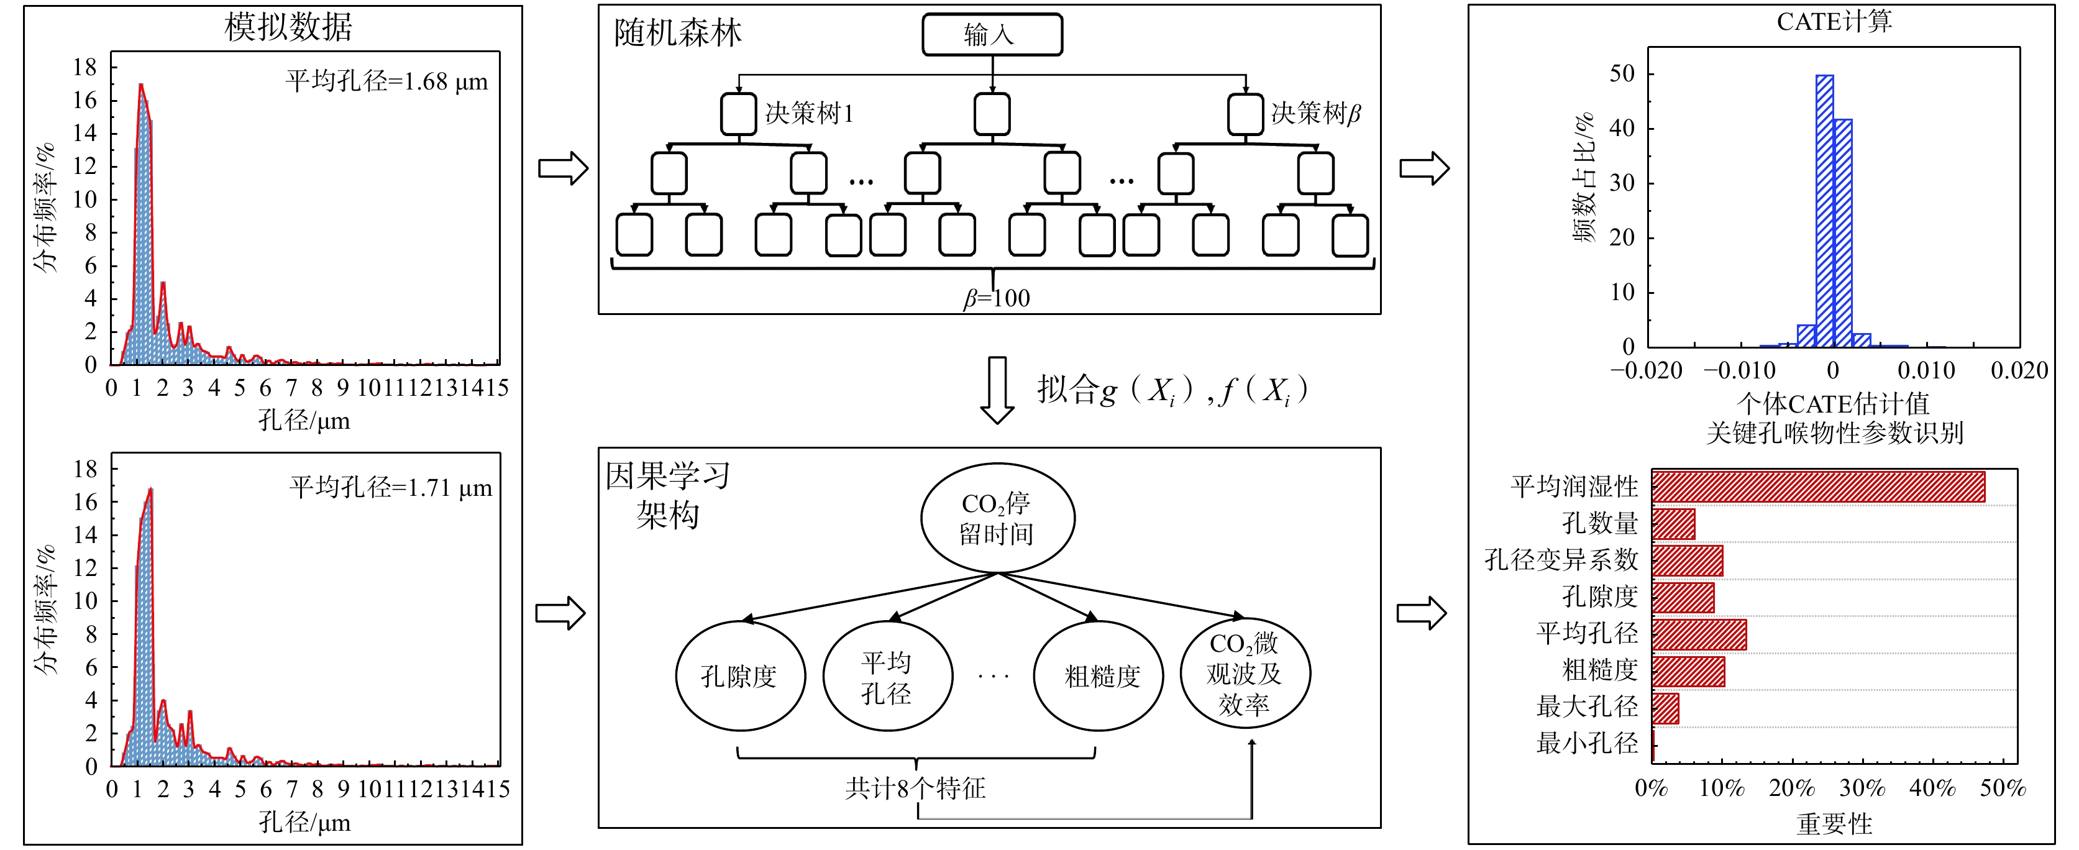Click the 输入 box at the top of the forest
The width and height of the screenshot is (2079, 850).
[992, 35]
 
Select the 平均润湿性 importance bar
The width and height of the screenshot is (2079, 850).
[1817, 487]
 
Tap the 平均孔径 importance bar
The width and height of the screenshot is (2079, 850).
[1699, 634]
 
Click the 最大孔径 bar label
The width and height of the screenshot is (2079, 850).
[1587, 706]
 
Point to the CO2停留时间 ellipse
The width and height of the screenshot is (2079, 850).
[997, 518]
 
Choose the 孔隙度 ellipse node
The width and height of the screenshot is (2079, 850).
[740, 675]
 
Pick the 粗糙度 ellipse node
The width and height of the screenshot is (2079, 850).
[1099, 675]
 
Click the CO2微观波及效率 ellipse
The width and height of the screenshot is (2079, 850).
[1245, 673]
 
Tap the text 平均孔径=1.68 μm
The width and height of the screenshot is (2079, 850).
[386, 81]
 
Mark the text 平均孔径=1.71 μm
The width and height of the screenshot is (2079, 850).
[391, 488]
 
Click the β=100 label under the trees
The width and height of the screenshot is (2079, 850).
[997, 299]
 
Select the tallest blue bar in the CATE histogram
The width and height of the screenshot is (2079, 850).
[1824, 210]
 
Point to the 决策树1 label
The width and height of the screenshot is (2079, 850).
[809, 113]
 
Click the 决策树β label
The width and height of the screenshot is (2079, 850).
[1315, 113]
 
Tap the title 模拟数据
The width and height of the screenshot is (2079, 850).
[288, 27]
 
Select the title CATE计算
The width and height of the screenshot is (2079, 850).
[1834, 22]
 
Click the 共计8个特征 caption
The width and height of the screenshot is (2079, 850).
[915, 788]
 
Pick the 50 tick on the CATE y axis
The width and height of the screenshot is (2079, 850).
[1622, 75]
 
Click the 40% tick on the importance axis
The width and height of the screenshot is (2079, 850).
[1932, 788]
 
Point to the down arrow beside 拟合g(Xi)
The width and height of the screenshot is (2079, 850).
[997, 390]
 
